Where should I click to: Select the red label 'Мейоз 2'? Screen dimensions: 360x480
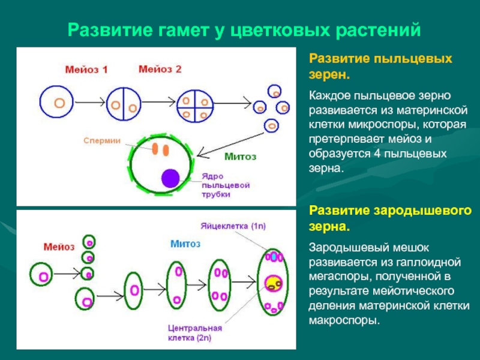tap(160, 69)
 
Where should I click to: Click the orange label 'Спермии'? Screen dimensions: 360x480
tap(104, 140)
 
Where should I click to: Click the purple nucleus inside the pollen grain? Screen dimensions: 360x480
tap(170, 178)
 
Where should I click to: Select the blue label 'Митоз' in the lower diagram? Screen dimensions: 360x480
tap(185, 244)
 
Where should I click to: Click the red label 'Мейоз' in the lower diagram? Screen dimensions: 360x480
tap(59, 246)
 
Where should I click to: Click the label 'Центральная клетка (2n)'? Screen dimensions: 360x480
tap(195, 334)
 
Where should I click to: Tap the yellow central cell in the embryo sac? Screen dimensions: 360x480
tap(274, 282)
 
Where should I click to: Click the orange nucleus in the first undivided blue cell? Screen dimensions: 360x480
tap(59, 103)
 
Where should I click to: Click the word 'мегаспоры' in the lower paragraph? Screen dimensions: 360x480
tap(340, 277)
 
